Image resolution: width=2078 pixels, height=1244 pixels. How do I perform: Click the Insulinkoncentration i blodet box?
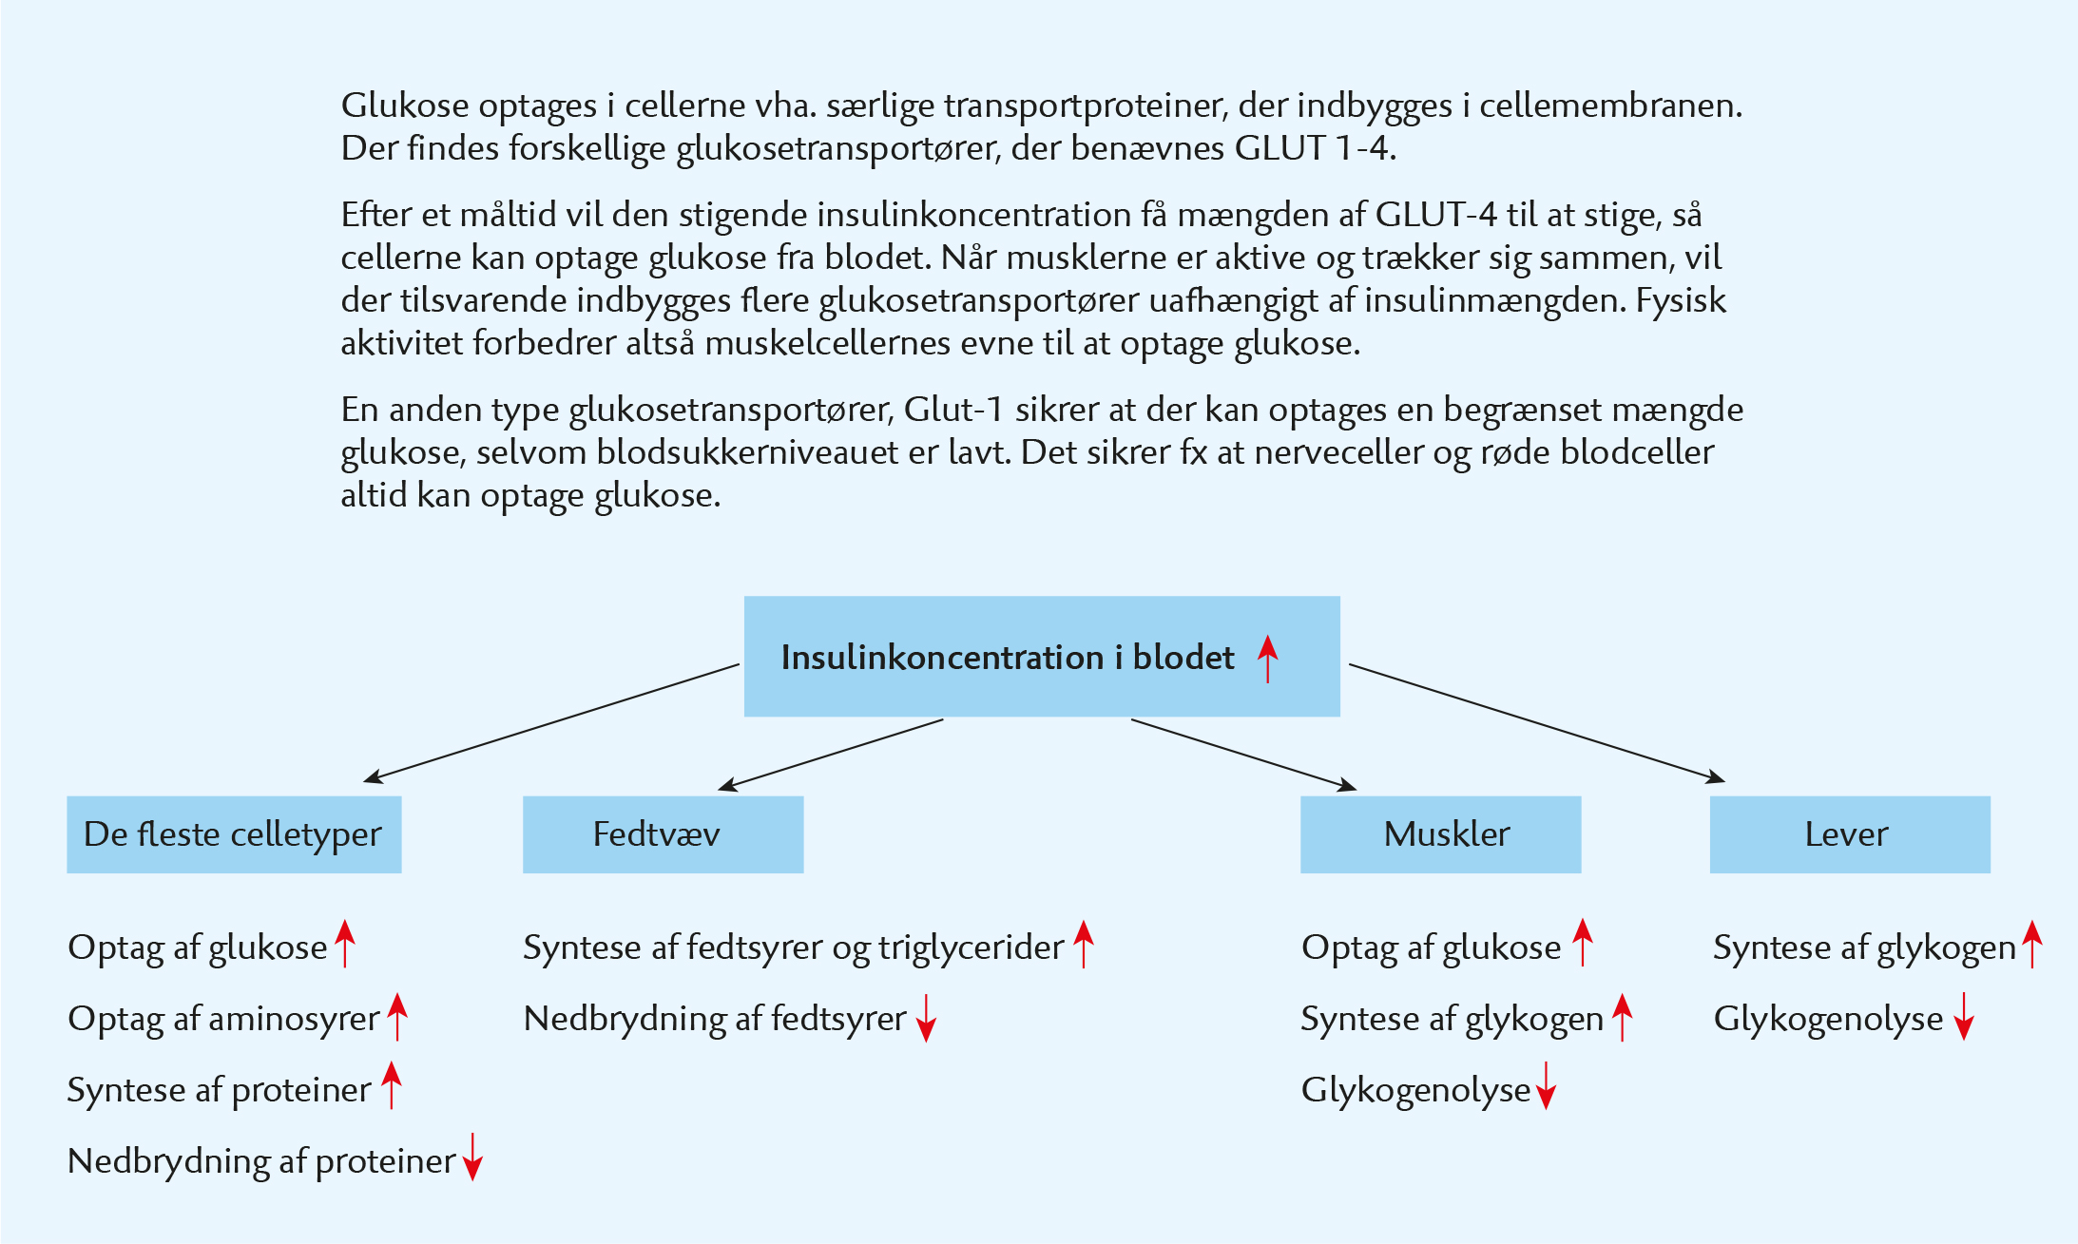[1042, 656]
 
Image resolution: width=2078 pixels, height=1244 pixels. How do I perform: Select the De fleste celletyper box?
[234, 834]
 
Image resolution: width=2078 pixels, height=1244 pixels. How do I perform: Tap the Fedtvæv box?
[664, 834]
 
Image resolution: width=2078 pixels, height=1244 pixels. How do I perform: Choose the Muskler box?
[1441, 834]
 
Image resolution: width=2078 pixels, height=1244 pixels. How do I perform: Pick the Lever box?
[1850, 834]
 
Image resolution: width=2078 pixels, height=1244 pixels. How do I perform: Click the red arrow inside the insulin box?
[1268, 659]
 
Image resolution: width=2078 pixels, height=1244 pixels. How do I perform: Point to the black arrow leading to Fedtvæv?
[831, 755]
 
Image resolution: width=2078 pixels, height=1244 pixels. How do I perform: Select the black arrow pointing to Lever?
[1537, 723]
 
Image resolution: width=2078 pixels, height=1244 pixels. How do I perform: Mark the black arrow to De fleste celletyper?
[551, 723]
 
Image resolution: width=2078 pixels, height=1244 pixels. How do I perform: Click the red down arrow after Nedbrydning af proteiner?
[472, 1157]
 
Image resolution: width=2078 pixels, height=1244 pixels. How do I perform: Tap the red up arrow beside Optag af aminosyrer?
[397, 1017]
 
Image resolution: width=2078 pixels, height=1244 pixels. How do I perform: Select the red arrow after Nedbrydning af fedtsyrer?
[927, 1018]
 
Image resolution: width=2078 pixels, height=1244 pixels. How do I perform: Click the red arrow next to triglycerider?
[1084, 944]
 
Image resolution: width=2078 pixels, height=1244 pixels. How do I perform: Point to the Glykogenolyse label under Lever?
[1828, 1019]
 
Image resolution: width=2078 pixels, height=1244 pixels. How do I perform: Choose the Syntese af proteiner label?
[219, 1090]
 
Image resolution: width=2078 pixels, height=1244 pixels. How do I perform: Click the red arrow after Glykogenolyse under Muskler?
[1547, 1085]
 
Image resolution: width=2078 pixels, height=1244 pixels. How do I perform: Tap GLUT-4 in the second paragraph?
[1436, 215]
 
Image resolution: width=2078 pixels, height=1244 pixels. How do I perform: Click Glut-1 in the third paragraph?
[953, 410]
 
